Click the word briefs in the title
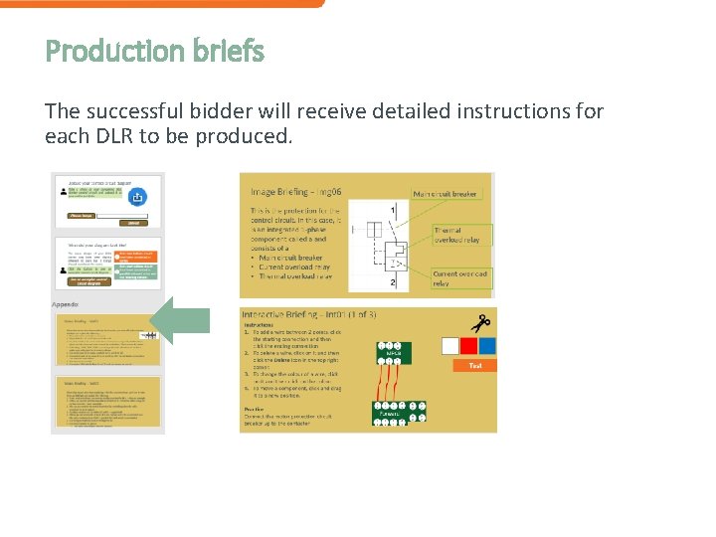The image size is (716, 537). click(229, 51)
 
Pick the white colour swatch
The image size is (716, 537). click(450, 346)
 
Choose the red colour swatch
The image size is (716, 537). click(467, 346)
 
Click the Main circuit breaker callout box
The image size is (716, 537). click(446, 194)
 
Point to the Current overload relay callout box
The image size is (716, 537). click(459, 278)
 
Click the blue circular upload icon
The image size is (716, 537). click(138, 198)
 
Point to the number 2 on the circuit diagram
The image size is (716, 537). click(393, 283)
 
